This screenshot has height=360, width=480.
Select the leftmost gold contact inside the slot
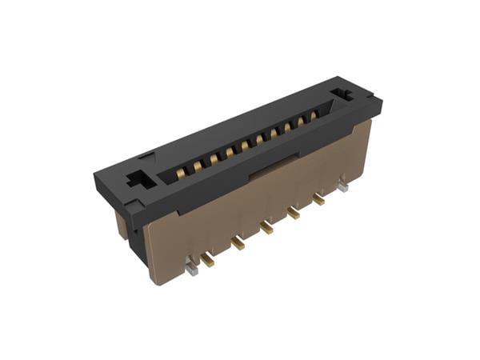(182, 168)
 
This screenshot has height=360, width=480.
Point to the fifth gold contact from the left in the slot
(245, 144)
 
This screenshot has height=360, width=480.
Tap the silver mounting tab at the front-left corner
(191, 269)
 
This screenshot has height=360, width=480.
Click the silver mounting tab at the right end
(343, 188)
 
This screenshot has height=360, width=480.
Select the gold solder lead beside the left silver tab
(208, 258)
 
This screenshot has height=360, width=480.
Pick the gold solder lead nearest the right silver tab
(318, 199)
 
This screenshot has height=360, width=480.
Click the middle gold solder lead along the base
(266, 228)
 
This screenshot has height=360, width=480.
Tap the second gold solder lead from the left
(237, 243)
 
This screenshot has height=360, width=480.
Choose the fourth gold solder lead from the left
(293, 213)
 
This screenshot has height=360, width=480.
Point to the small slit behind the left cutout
(146, 156)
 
